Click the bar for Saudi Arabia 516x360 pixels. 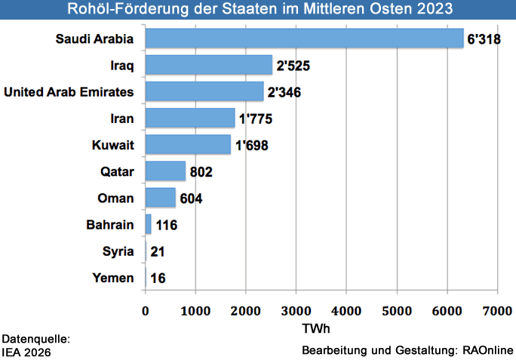304,38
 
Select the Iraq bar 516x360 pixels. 208,65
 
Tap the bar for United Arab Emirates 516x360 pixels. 204,91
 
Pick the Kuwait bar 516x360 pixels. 188,144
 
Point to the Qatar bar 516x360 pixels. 165,171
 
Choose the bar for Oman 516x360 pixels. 160,198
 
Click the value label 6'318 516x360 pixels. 486,39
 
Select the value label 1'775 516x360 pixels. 253,119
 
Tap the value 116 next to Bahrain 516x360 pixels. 168,225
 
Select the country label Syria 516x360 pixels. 118,251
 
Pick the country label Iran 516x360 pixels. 122,118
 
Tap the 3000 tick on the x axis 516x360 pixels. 296,310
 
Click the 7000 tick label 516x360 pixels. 497,310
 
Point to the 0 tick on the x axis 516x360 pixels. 146,310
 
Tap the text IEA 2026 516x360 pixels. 28,351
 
